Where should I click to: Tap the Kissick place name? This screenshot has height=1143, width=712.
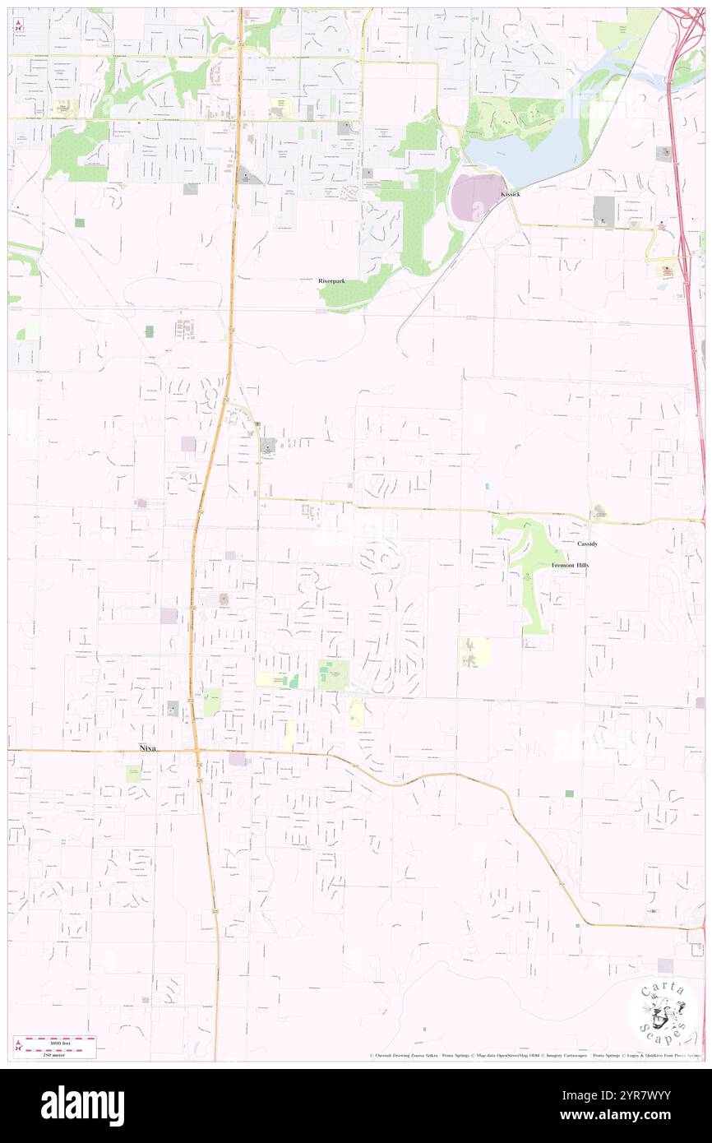tap(510, 194)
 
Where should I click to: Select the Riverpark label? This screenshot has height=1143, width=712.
tap(332, 281)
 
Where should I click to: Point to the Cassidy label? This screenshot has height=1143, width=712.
tap(587, 544)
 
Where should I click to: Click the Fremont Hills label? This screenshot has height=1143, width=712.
tap(570, 567)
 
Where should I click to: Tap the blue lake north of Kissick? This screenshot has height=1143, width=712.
tap(526, 157)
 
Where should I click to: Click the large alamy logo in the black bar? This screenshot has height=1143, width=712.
tap(82, 1106)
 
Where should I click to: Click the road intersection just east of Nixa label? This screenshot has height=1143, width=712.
tap(196, 751)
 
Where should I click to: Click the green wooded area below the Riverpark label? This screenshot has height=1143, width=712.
tap(349, 296)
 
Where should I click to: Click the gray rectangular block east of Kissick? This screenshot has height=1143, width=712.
tap(603, 209)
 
